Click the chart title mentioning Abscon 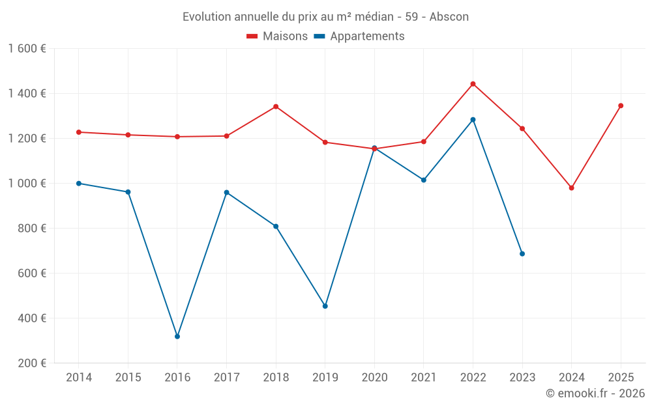(x=325, y=16)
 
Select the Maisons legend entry (x=277, y=36)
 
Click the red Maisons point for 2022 (x=473, y=84)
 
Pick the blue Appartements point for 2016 (x=177, y=337)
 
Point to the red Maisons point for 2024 (x=572, y=188)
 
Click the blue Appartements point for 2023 (x=522, y=254)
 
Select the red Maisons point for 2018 (x=276, y=107)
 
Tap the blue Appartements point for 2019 (x=325, y=306)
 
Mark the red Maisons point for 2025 (x=621, y=105)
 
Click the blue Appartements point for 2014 (x=79, y=184)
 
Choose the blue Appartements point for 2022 (x=473, y=120)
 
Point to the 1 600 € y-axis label (x=27, y=49)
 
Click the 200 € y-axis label (x=31, y=363)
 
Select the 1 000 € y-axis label (x=27, y=184)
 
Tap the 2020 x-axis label (x=374, y=378)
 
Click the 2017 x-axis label (x=226, y=378)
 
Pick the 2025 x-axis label (x=621, y=378)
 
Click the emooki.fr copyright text (x=595, y=393)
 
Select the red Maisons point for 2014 (x=79, y=132)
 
